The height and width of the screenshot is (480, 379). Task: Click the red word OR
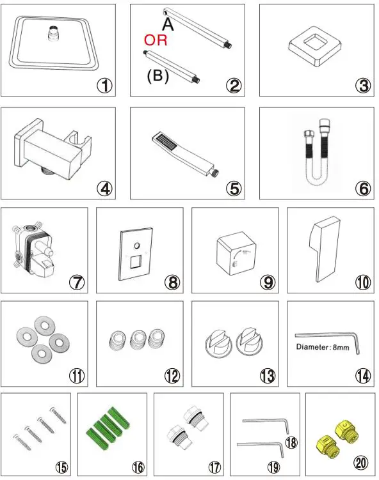tap(156, 41)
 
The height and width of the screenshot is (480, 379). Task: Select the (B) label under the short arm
tap(157, 76)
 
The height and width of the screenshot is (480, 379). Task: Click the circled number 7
tap(77, 281)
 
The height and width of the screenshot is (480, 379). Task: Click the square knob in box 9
tap(234, 252)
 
